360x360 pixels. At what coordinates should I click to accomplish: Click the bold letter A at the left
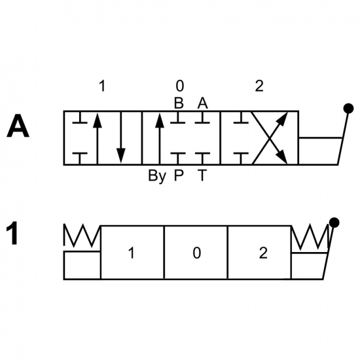18,126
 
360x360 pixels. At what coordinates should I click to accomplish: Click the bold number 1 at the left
12,233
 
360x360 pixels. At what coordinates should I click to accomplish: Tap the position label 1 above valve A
102,86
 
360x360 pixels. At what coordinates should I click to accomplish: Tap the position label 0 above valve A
180,86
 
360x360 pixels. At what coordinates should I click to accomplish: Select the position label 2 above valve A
259,86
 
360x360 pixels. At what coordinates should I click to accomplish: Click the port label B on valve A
179,103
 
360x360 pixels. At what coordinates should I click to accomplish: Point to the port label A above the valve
202,103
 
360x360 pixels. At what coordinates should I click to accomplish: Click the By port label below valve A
157,175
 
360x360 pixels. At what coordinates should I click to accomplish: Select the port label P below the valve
179,175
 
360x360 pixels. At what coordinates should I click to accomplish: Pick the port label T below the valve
202,175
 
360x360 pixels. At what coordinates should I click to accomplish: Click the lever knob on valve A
348,109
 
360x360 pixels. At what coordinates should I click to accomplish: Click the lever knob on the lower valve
334,223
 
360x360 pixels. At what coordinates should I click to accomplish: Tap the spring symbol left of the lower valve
82,236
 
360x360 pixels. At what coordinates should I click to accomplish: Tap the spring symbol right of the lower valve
310,237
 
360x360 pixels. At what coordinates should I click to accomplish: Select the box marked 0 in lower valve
196,253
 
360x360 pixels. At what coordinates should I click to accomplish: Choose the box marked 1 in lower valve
132,253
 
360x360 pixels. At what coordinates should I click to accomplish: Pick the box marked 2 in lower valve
259,253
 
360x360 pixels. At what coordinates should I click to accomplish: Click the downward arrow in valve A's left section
121,138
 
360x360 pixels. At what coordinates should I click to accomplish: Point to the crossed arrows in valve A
270,138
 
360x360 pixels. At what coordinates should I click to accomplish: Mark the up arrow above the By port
160,138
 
